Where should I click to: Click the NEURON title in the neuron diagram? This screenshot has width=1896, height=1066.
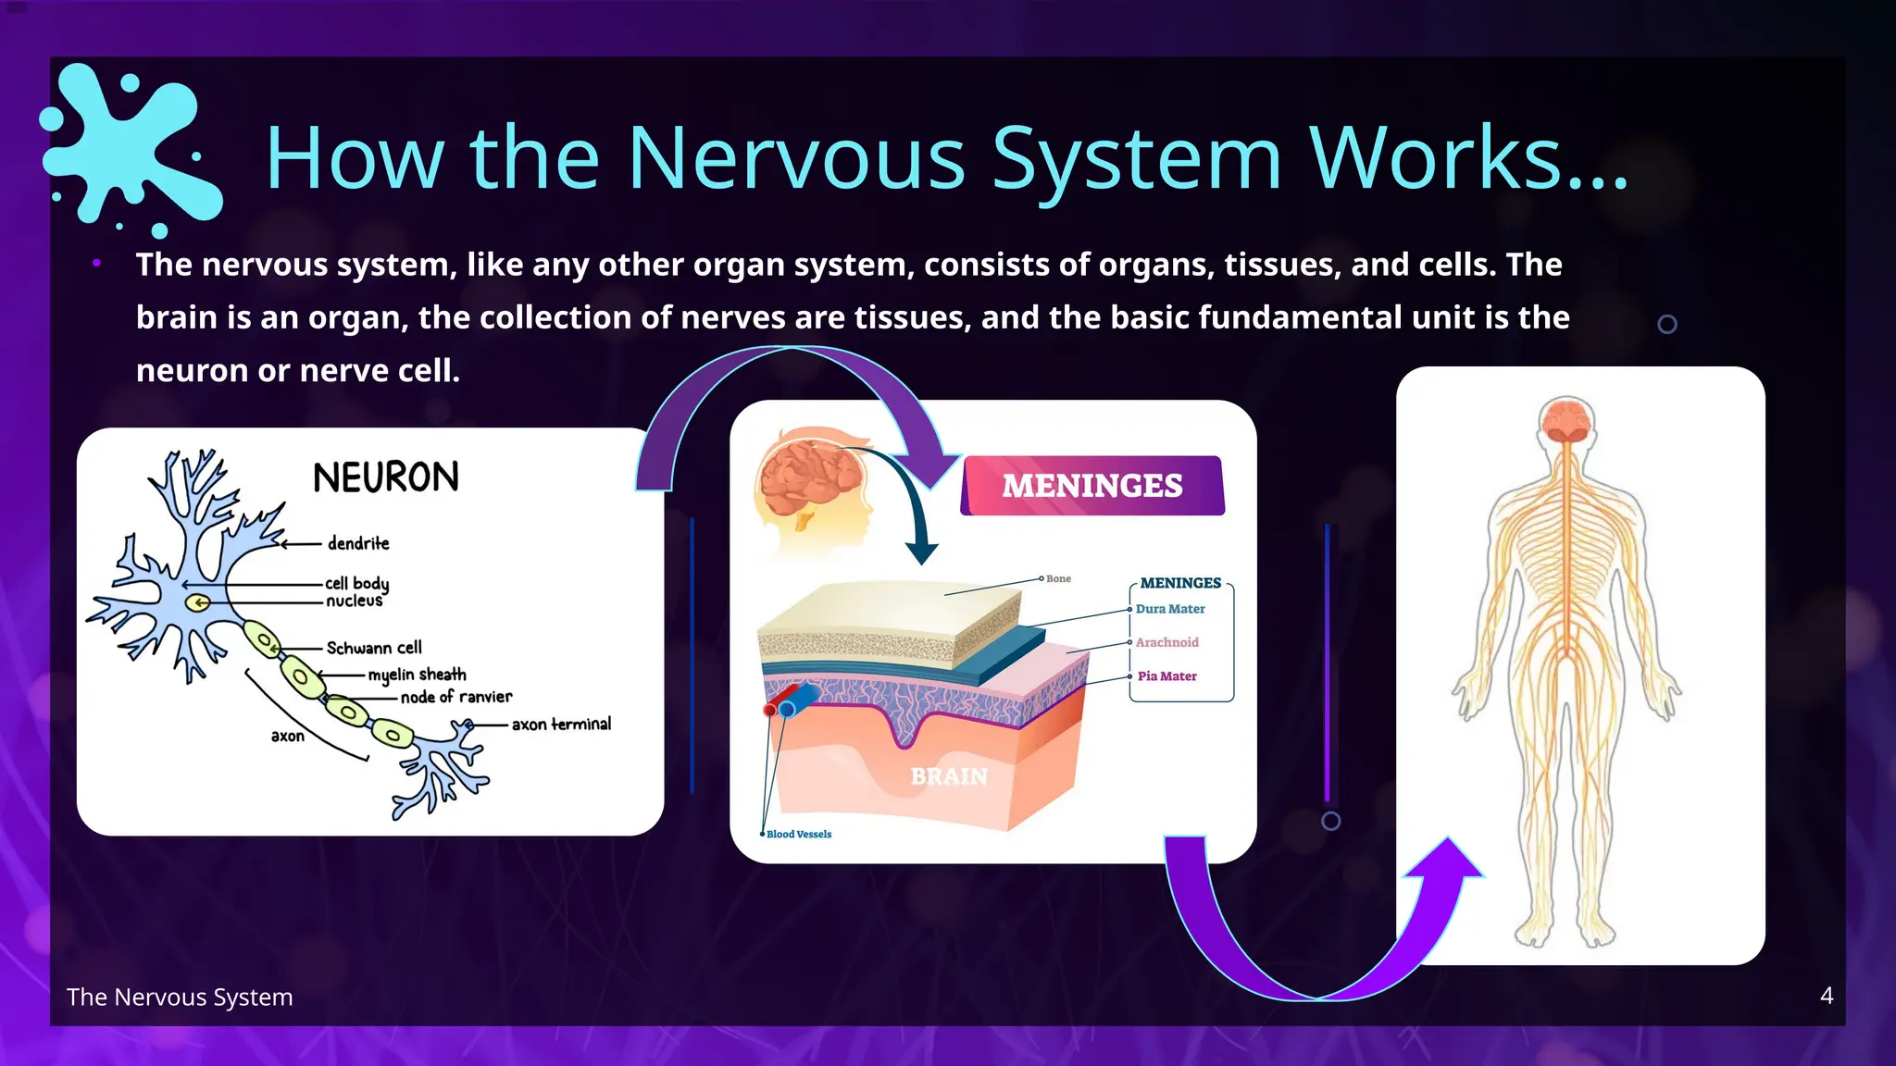386,477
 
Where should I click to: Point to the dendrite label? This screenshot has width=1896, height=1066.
358,543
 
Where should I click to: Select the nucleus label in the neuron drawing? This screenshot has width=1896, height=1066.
354,601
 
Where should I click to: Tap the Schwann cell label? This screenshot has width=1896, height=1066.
374,648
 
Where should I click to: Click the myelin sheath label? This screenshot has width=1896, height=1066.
417,675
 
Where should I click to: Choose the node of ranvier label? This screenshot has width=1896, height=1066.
455,697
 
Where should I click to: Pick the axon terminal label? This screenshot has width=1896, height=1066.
561,724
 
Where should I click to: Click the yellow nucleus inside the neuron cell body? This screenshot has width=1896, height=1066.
197,603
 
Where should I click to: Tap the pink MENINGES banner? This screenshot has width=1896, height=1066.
1092,486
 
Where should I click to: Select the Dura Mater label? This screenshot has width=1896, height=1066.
1170,609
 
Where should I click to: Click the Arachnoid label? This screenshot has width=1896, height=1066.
1166,642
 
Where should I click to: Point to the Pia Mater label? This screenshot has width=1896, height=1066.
1166,676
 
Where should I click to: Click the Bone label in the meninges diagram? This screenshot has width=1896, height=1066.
1058,579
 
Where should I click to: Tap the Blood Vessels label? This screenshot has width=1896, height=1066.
799,835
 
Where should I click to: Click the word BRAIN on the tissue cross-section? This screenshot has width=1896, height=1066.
949,776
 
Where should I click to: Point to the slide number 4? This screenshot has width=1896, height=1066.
1826,996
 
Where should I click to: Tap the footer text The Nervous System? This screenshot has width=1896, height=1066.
180,997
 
